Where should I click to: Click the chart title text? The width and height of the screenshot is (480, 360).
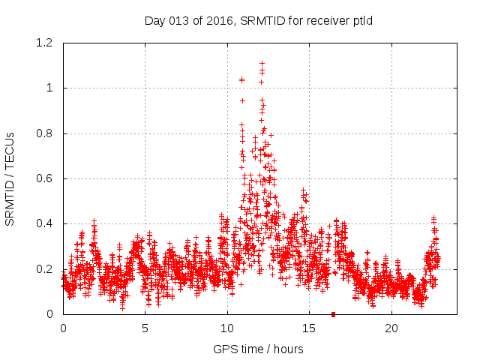coord(259,20)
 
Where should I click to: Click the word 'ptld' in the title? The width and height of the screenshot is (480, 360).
coord(362,20)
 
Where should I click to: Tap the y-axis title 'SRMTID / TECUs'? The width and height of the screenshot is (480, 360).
coord(10,178)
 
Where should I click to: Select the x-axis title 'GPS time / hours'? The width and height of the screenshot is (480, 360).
coord(259,349)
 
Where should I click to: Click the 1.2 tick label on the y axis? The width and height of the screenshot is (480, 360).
coord(46,43)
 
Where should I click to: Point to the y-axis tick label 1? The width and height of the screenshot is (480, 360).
coord(50,88)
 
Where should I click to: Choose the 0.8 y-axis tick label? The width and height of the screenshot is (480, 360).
coord(46,133)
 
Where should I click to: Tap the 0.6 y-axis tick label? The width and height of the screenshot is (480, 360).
coord(46,178)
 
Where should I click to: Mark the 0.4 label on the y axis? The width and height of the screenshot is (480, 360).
coord(46,224)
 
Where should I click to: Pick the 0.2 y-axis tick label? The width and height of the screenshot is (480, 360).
coord(46,269)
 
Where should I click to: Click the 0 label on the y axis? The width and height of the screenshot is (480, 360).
coord(50,314)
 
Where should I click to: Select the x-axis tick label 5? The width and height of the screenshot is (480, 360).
coord(145,328)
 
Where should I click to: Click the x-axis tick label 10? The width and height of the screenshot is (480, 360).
coord(227,328)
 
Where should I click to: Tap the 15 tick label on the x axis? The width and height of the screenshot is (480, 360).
coord(310,328)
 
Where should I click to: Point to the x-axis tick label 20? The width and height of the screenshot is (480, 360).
coord(391,328)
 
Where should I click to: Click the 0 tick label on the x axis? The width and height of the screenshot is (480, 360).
coord(63,328)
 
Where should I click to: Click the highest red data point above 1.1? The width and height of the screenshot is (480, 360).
coord(262,64)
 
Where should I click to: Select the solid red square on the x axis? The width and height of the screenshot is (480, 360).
coord(334,314)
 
